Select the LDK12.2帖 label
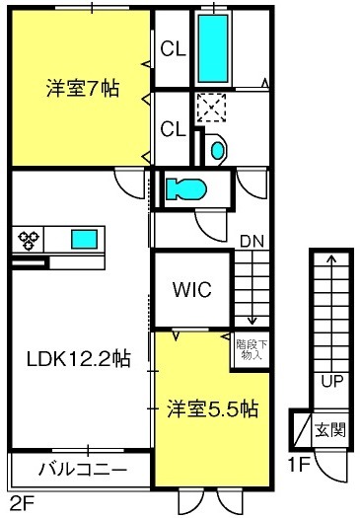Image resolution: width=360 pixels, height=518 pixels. click(x=78, y=359)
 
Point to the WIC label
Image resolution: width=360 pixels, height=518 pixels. click(x=191, y=291)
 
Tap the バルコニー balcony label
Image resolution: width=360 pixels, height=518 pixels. click(x=81, y=468)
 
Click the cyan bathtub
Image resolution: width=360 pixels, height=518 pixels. click(x=212, y=47)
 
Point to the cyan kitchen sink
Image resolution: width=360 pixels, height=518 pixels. click(x=83, y=238)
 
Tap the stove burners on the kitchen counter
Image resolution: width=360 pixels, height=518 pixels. click(x=27, y=238)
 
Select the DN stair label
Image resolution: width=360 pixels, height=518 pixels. click(x=252, y=238)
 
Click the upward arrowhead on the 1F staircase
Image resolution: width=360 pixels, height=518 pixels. click(x=331, y=259)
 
